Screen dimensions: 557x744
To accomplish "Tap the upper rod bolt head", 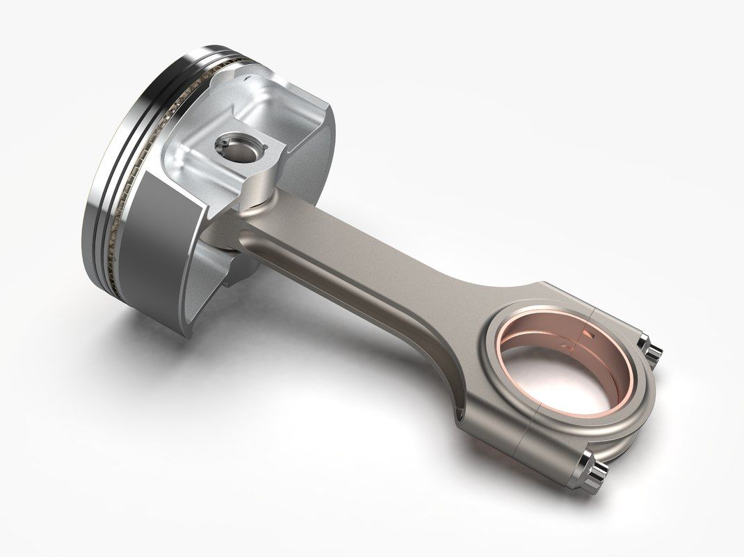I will (651, 346).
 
